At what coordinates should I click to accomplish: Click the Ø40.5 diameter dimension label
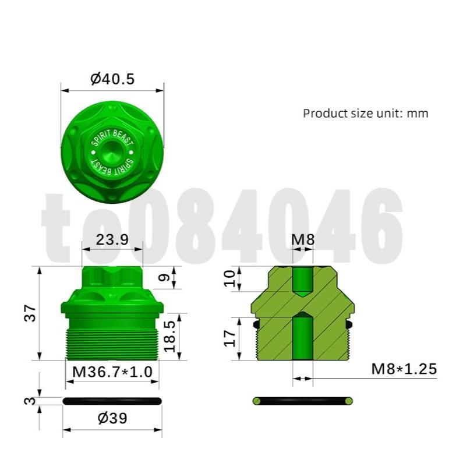112,79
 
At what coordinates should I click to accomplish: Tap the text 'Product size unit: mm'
365,113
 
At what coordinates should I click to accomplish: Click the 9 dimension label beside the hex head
165,278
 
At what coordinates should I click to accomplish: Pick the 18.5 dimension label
170,337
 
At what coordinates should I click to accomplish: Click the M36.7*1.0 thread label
112,371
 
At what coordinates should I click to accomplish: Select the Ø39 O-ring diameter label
112,418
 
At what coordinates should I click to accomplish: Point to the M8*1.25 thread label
404,368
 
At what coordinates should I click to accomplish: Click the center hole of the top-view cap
112,153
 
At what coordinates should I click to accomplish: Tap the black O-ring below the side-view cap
112,401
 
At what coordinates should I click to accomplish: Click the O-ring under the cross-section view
302,401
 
